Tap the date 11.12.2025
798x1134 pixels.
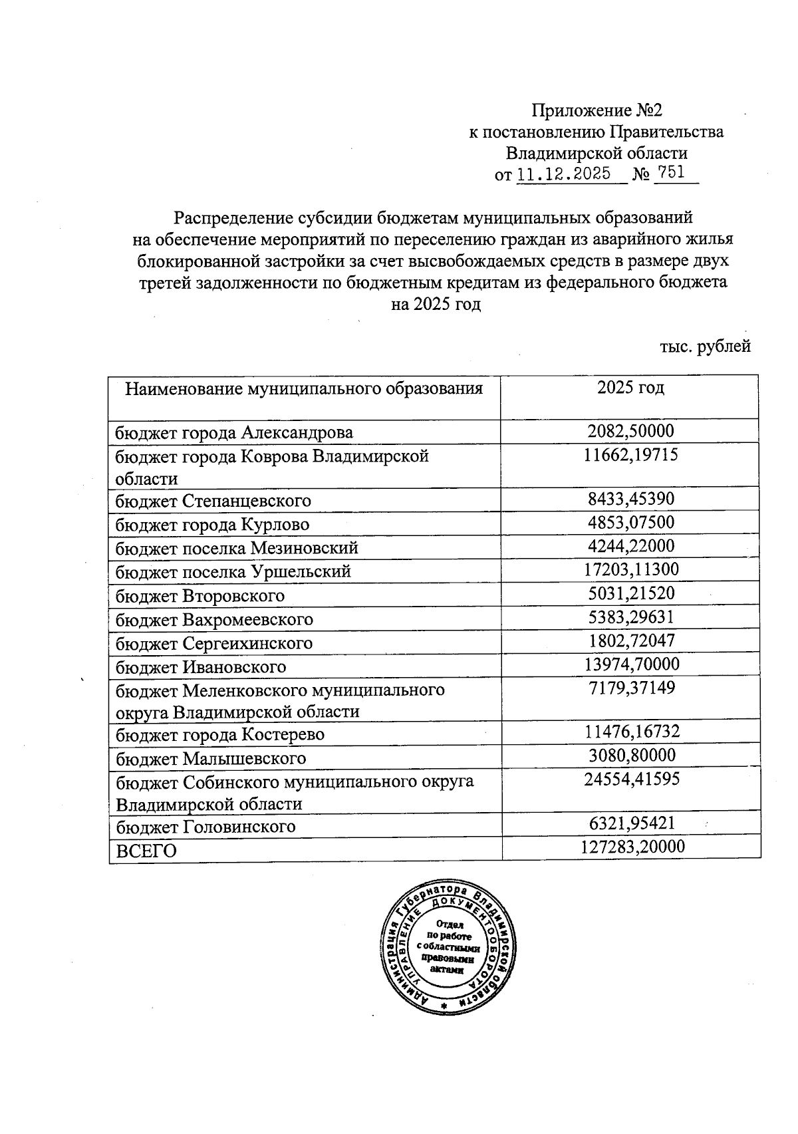(x=564, y=174)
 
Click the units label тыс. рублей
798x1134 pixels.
(x=705, y=347)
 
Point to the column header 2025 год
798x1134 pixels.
(x=630, y=388)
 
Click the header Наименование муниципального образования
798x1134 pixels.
(x=304, y=388)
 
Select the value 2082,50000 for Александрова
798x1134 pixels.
(x=630, y=431)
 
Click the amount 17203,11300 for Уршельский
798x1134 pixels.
(x=630, y=570)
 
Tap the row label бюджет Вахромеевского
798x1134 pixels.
(x=214, y=620)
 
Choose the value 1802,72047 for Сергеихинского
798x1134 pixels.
(x=631, y=641)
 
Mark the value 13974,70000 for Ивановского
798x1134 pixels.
(x=631, y=664)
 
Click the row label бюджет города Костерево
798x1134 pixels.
(x=220, y=735)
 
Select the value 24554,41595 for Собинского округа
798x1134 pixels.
(x=631, y=780)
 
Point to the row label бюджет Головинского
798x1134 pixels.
(x=205, y=827)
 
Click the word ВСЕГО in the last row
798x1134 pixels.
(x=146, y=851)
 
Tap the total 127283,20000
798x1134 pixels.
(x=631, y=847)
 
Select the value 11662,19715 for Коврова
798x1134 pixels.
(x=631, y=456)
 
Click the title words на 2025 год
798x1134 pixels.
(x=436, y=305)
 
